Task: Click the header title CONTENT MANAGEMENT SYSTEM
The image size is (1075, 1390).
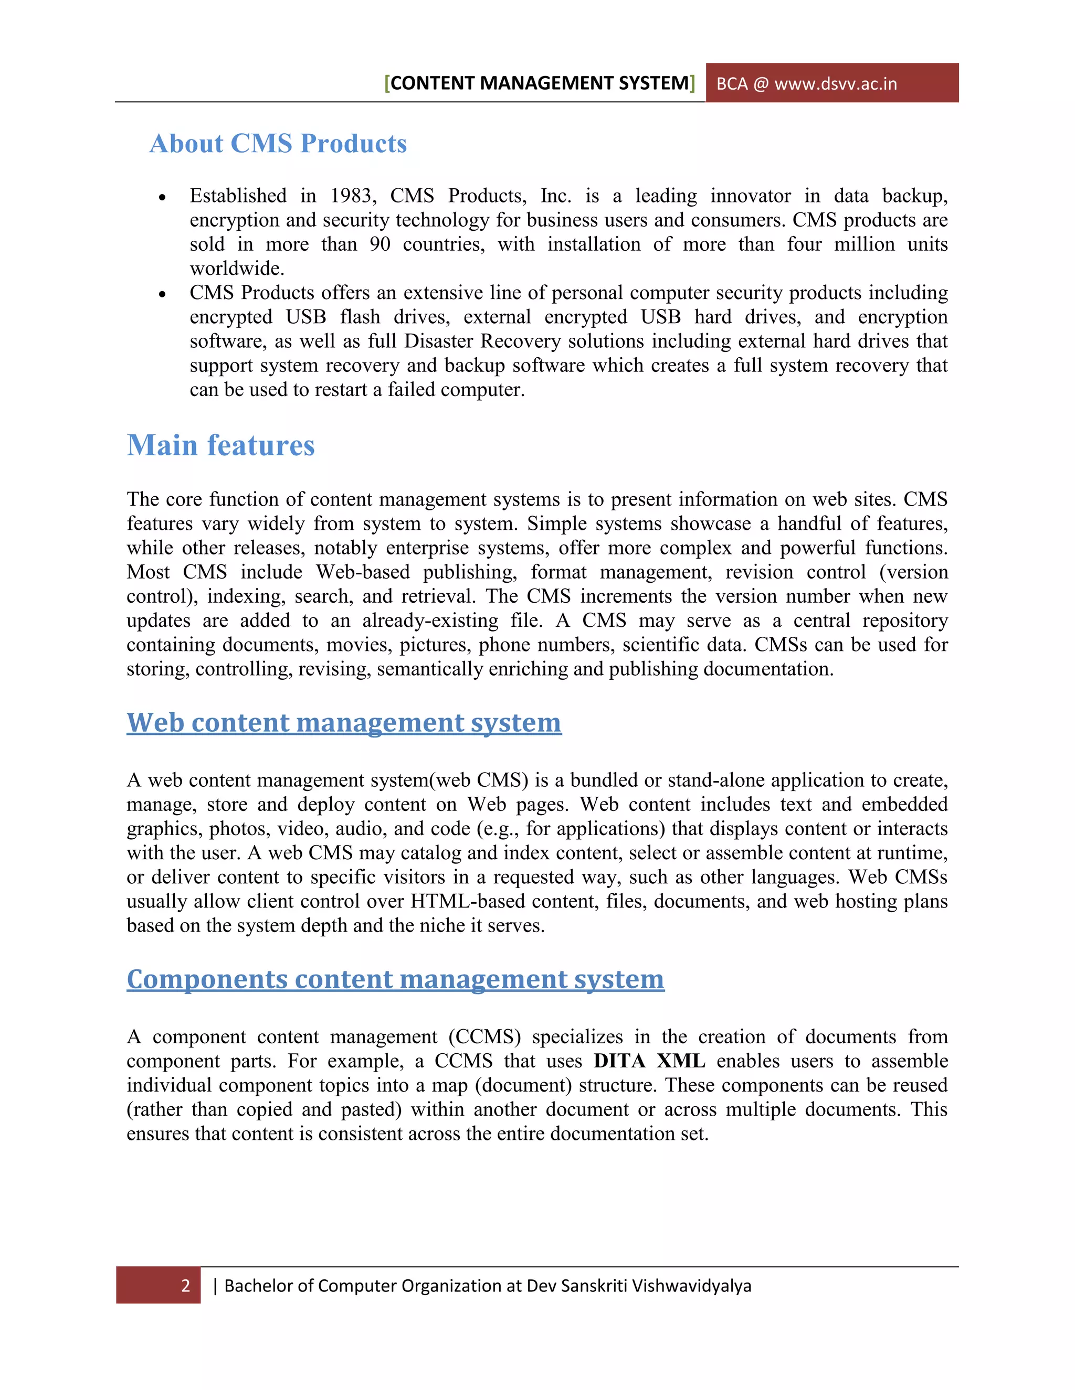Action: point(540,83)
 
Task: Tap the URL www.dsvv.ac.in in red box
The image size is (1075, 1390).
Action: point(835,84)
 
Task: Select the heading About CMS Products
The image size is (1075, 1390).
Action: point(278,144)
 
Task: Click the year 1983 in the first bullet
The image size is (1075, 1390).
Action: point(352,196)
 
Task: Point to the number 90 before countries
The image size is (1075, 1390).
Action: point(380,244)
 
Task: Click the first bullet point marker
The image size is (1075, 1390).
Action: point(162,197)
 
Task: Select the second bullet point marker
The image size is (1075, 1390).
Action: point(162,294)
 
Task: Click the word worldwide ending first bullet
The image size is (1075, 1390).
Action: point(236,269)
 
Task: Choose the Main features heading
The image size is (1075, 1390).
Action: point(220,445)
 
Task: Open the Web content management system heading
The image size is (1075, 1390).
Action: point(344,722)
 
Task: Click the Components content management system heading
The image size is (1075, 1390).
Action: point(395,979)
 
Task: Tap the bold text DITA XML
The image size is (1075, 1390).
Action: point(649,1061)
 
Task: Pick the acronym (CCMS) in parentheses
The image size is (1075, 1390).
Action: point(484,1037)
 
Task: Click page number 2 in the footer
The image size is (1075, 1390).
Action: point(185,1286)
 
